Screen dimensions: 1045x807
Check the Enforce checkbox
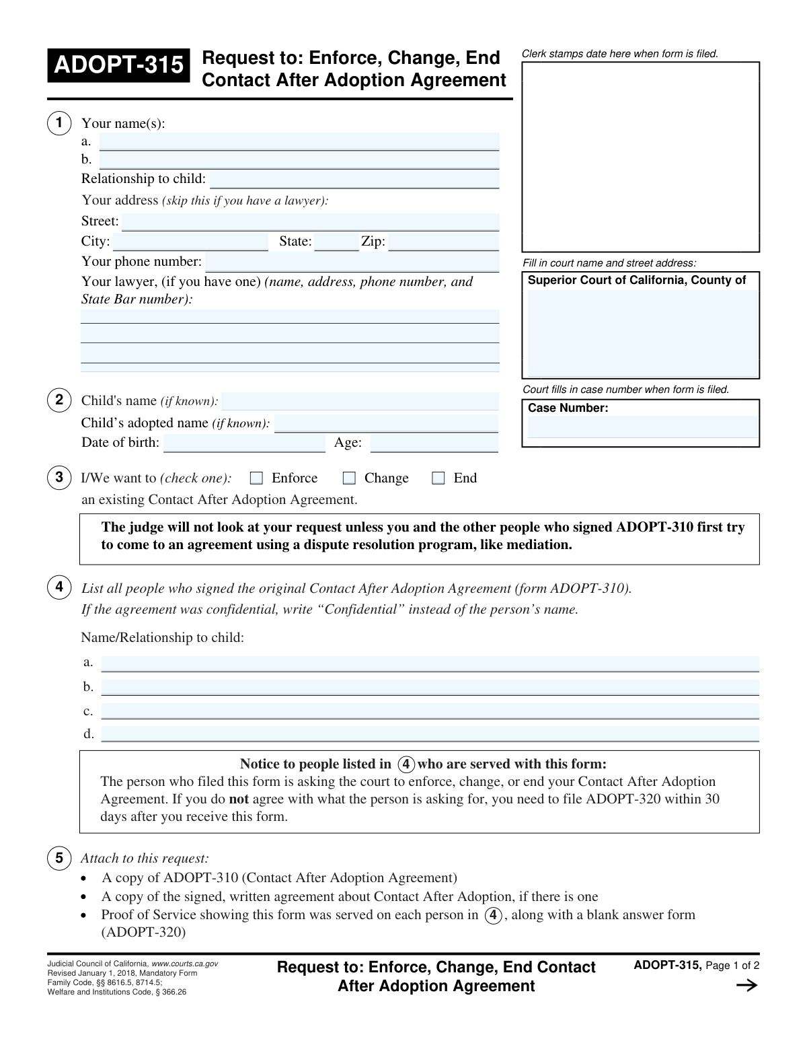pyautogui.click(x=256, y=478)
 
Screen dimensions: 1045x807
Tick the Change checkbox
pyautogui.click(x=349, y=478)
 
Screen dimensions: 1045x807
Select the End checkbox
pyautogui.click(x=438, y=478)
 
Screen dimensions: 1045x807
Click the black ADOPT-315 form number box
pyautogui.click(x=118, y=65)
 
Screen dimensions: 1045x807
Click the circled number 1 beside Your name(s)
pyautogui.click(x=59, y=122)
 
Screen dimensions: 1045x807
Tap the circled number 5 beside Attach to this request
pyautogui.click(x=59, y=858)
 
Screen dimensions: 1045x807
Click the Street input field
pyautogui.click(x=310, y=222)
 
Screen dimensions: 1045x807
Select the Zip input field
pyautogui.click(x=443, y=242)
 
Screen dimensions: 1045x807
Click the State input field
pyautogui.click(x=336, y=242)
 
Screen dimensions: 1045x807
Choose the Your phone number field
pyautogui.click(x=352, y=262)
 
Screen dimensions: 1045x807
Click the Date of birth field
pyautogui.click(x=244, y=443)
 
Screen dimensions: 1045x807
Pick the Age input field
pyautogui.click(x=434, y=443)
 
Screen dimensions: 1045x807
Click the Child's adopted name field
pyautogui.click(x=386, y=424)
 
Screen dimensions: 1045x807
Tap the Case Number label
pyautogui.click(x=568, y=408)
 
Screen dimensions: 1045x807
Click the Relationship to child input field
pyautogui.click(x=354, y=180)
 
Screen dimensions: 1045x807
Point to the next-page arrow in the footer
pyautogui.click(x=746, y=986)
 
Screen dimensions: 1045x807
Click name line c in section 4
pyautogui.click(x=430, y=711)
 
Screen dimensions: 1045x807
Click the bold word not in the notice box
pyautogui.click(x=239, y=799)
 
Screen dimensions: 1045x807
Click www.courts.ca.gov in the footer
pyautogui.click(x=185, y=964)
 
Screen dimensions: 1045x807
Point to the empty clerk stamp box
pyautogui.click(x=640, y=157)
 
